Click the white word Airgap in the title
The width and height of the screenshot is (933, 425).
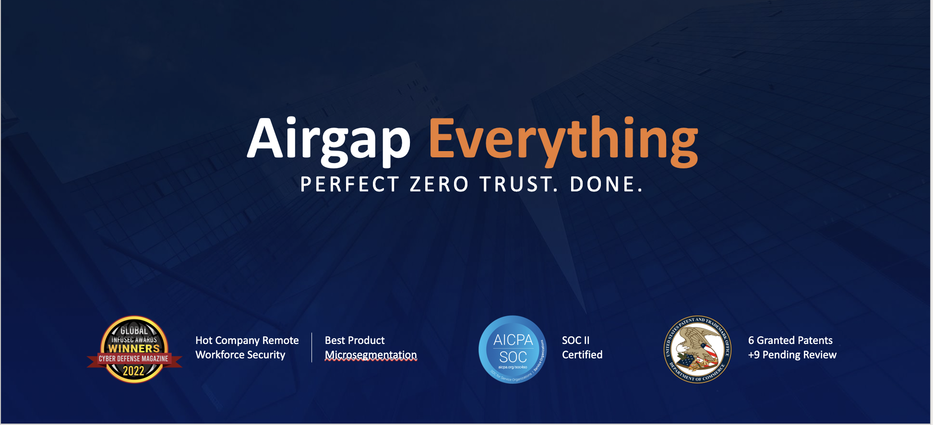[x=329, y=139]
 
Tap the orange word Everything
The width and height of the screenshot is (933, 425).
[x=563, y=139]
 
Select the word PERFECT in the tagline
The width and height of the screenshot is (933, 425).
[x=349, y=185]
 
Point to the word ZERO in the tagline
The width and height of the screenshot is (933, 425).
[x=439, y=185]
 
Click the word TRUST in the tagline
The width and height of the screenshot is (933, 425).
[x=518, y=185]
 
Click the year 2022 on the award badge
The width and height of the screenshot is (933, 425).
[x=133, y=371]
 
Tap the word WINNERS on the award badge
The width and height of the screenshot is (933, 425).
[x=134, y=348]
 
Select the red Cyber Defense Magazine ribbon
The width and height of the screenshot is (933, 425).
[x=134, y=359]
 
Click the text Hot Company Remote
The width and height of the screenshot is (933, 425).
[x=247, y=341]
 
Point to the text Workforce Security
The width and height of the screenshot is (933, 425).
[x=240, y=355]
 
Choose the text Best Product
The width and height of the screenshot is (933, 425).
[x=355, y=341]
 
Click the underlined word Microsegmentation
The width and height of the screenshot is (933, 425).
[x=371, y=355]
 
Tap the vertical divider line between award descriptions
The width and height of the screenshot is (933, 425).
[x=312, y=347]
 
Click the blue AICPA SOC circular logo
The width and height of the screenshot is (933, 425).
[x=513, y=349]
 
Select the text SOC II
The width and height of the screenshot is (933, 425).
[x=575, y=341]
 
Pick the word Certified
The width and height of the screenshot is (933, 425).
[x=582, y=355]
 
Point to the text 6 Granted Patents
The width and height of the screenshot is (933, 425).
[x=790, y=341]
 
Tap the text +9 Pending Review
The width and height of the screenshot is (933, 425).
[x=792, y=355]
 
